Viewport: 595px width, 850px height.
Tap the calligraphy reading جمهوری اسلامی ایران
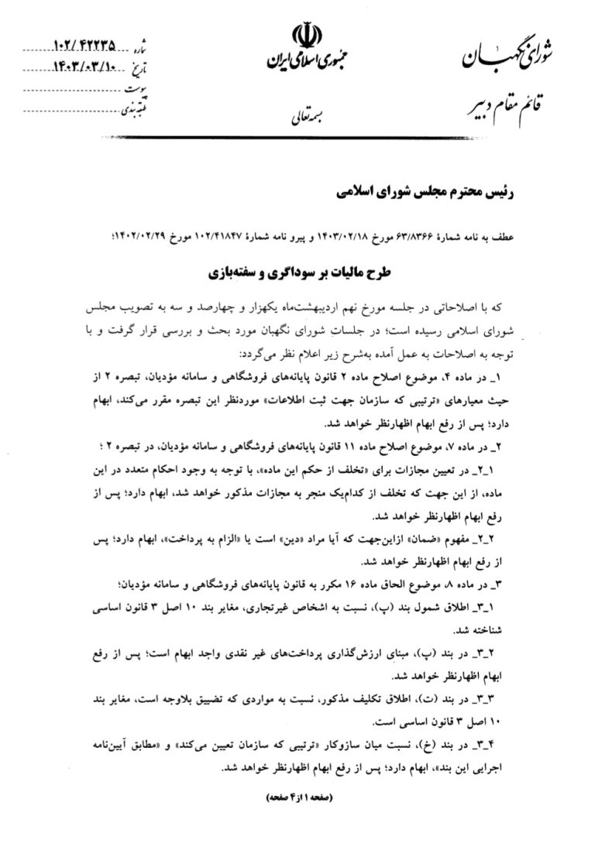tap(303, 61)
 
